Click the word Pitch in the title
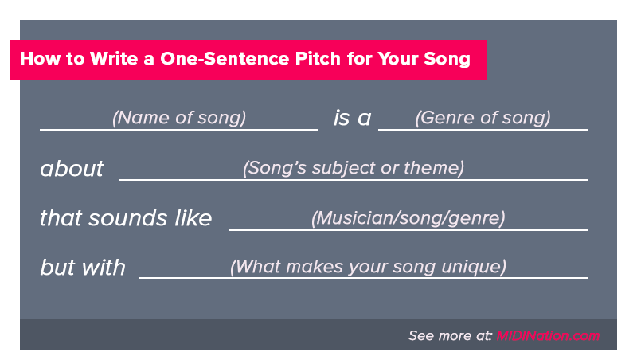318,59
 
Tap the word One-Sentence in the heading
225,59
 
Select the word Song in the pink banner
447,59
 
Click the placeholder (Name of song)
179,118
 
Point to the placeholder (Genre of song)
483,118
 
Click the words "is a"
352,118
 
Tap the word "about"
72,168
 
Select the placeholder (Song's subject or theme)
354,168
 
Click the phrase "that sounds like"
126,217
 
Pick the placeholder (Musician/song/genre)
408,218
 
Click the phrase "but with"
83,268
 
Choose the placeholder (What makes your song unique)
368,267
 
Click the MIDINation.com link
548,335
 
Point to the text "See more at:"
450,335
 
